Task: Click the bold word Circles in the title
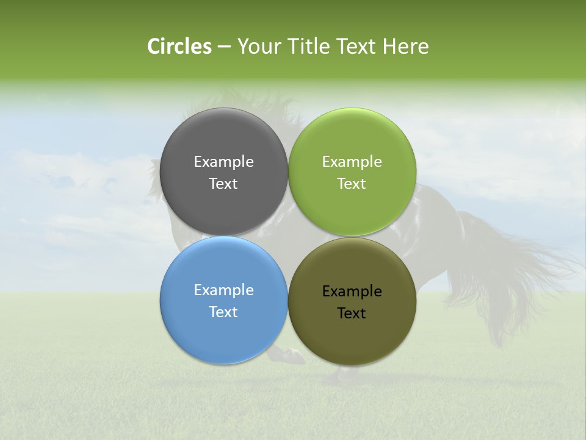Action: [179, 46]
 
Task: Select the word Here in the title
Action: [406, 46]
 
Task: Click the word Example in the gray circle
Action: [223, 162]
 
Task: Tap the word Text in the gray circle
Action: [223, 184]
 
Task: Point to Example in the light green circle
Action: [352, 162]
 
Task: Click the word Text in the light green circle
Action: [352, 184]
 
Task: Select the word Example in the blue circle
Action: [223, 290]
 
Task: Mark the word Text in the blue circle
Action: [223, 312]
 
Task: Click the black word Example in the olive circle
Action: [352, 291]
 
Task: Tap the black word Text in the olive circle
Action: [352, 313]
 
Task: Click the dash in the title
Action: [224, 47]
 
